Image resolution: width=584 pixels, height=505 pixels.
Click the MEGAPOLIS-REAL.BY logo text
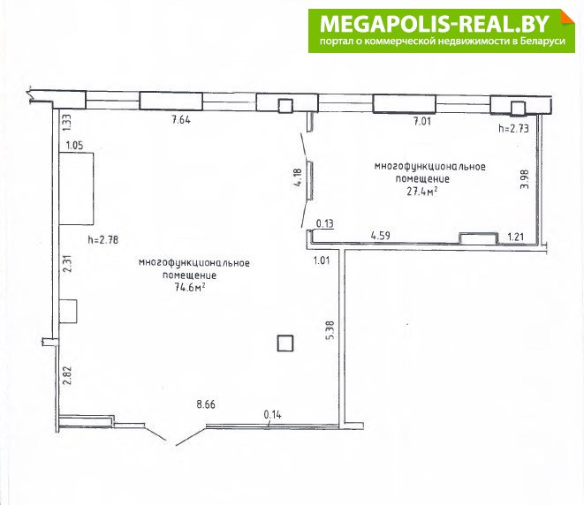[435, 24]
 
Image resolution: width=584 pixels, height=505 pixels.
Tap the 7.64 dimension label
[181, 119]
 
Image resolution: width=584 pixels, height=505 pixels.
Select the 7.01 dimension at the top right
[422, 121]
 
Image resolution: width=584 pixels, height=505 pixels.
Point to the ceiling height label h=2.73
[513, 128]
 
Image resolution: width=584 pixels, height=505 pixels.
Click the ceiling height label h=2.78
[103, 239]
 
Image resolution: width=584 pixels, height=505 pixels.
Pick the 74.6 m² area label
[190, 287]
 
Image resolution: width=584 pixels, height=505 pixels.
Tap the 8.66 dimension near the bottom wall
[206, 404]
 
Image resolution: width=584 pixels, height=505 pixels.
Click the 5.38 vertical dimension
[330, 329]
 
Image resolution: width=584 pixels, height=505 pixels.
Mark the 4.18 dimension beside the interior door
[298, 177]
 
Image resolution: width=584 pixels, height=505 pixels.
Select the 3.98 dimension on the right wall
[525, 179]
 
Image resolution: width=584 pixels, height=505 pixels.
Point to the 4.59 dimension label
[380, 235]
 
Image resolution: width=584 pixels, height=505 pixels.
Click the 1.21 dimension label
[516, 237]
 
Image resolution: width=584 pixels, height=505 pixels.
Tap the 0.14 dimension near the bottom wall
[273, 414]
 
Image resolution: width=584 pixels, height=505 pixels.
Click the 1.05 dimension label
[74, 145]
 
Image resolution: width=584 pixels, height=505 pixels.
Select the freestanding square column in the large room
[285, 343]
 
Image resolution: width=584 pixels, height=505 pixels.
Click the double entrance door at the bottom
[175, 434]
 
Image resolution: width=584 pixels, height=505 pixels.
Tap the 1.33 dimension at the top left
[66, 123]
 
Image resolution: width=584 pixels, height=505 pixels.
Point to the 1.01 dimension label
[322, 260]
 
